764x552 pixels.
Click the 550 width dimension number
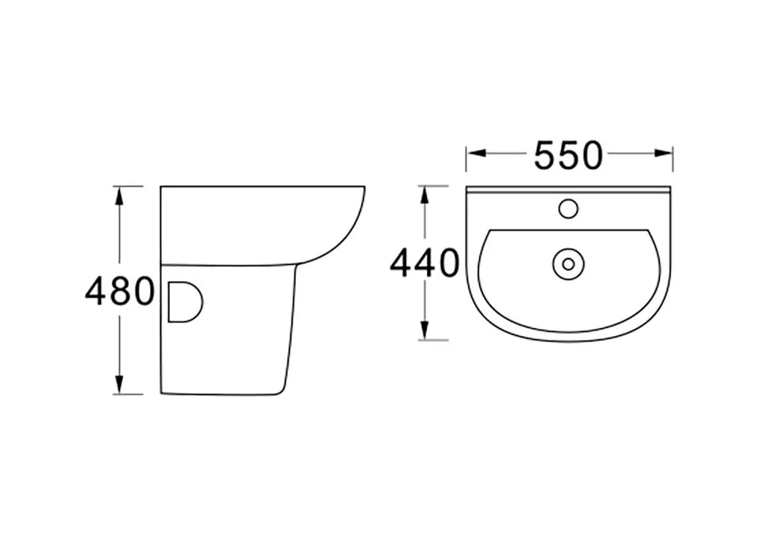[568, 155]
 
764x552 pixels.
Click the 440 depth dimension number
[424, 263]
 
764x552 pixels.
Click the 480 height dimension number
[119, 292]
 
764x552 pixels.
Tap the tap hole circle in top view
[568, 209]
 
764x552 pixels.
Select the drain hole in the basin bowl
[568, 264]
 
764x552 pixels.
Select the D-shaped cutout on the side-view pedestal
[185, 301]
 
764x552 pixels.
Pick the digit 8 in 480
[120, 292]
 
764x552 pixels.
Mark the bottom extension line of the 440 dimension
[434, 340]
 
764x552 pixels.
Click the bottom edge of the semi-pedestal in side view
[221, 394]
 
